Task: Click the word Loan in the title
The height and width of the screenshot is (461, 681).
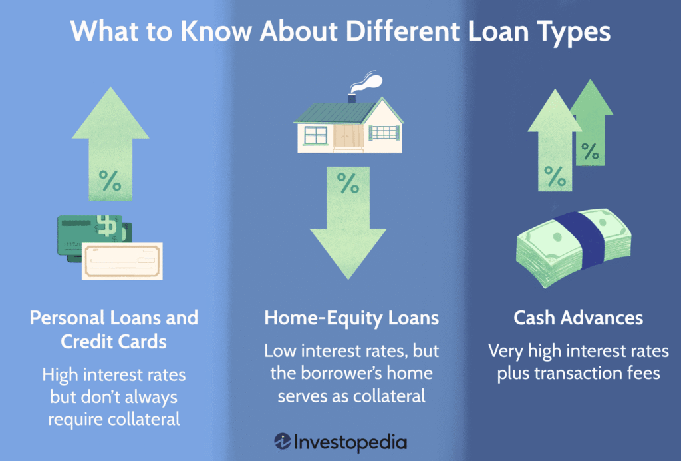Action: point(498,31)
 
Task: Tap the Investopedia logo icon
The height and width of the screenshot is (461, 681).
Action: point(282,441)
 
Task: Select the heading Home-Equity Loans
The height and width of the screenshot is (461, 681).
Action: point(351,318)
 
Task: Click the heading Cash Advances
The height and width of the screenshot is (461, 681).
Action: point(578,318)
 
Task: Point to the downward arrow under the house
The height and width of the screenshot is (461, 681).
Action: point(348,223)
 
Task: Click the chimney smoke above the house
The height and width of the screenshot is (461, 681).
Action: point(367,82)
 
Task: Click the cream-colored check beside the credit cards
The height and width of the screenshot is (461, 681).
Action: point(122,261)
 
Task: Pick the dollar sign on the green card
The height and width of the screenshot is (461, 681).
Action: point(107,226)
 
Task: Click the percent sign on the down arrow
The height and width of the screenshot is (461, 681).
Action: point(348,183)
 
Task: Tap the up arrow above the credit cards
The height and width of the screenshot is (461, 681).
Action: point(110,143)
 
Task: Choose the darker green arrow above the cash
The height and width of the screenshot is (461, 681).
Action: point(591,122)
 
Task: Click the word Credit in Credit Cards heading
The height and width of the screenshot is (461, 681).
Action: point(84,342)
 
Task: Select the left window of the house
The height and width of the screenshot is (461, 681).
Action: point(316,135)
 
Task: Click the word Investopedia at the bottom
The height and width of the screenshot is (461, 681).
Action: point(350,442)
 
